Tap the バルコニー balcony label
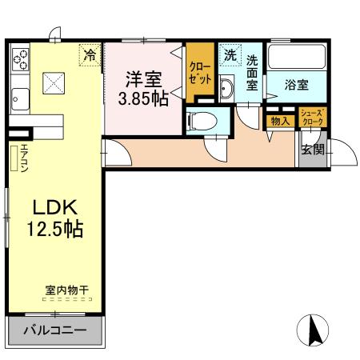(54, 330)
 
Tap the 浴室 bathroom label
(297, 86)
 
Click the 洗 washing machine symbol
(230, 56)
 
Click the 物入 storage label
(279, 121)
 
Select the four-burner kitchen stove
(20, 59)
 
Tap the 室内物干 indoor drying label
(66, 295)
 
